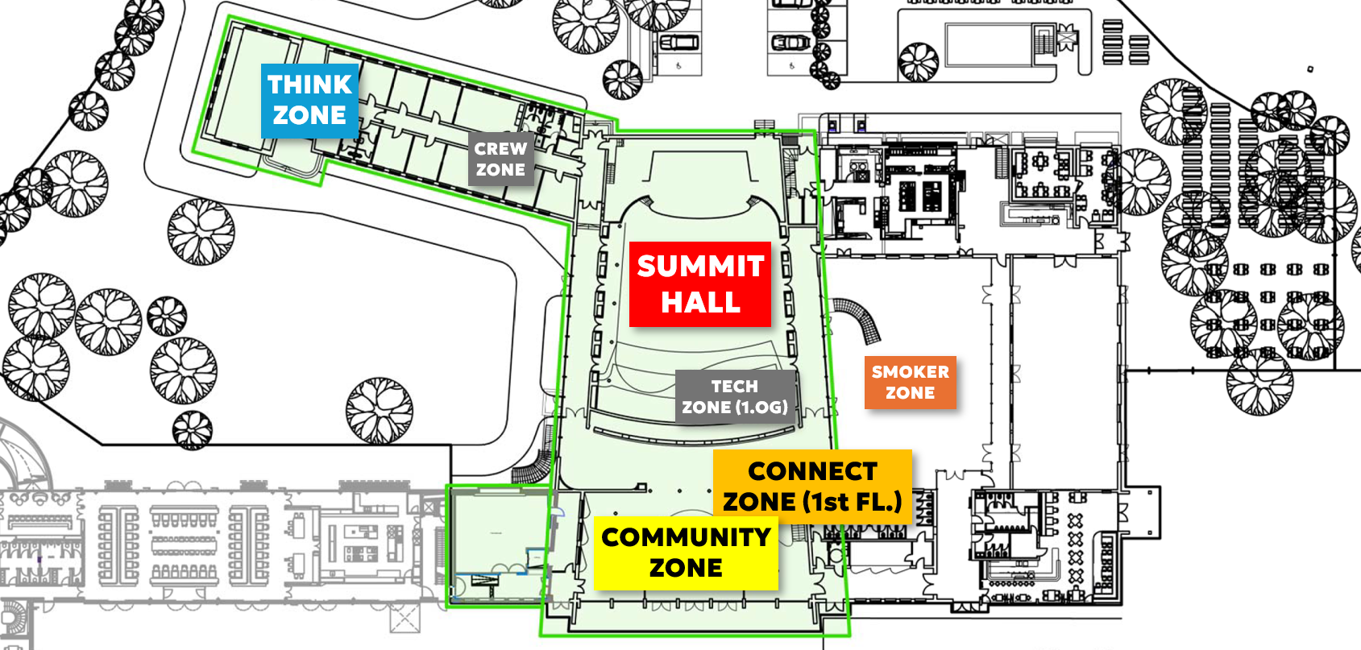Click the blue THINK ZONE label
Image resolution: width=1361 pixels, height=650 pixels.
[310, 100]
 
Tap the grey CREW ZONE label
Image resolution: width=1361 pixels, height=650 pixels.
[500, 159]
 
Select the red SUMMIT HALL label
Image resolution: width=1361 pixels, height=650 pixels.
[700, 284]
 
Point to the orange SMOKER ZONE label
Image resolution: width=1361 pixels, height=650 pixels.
[911, 382]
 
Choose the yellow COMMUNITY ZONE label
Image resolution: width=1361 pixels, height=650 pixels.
[686, 553]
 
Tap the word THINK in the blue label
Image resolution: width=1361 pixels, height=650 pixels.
[310, 85]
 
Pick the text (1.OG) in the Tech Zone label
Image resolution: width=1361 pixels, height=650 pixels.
[761, 407]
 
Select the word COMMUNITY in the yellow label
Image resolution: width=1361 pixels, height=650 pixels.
[686, 537]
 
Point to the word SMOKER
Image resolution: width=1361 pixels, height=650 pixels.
[911, 372]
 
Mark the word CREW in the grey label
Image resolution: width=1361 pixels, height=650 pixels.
[500, 149]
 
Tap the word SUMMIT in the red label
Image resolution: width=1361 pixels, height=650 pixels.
[700, 267]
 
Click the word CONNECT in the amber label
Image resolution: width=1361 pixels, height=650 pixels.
[813, 471]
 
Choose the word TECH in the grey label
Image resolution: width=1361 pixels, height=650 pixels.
[735, 387]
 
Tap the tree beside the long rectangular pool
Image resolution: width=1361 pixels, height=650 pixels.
[918, 62]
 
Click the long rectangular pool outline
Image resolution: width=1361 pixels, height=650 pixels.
[989, 43]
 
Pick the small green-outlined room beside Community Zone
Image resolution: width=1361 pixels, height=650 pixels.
[499, 545]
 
